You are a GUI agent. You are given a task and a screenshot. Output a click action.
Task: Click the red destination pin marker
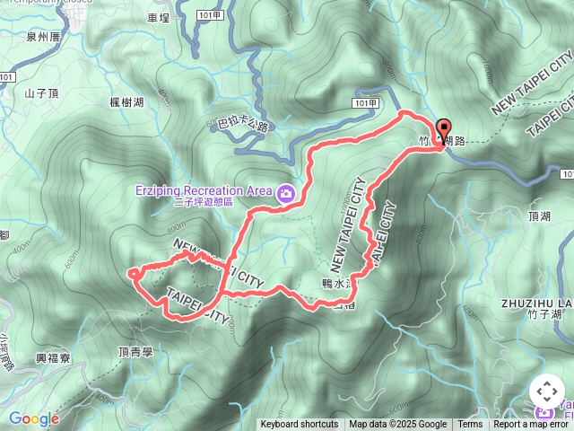(442, 129)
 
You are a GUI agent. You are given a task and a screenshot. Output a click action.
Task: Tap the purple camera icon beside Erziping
(285, 191)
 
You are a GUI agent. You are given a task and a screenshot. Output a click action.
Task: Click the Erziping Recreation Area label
(204, 190)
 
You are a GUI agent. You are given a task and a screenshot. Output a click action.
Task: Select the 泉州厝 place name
(43, 37)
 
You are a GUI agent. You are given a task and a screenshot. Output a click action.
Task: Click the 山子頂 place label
(41, 92)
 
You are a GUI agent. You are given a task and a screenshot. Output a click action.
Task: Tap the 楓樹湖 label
(126, 102)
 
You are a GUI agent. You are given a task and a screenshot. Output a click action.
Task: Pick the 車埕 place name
(158, 17)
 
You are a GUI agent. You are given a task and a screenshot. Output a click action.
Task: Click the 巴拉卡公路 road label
(243, 126)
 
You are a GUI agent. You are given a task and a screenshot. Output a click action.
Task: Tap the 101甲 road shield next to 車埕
(208, 15)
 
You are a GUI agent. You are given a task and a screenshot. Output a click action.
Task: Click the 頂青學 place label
(135, 352)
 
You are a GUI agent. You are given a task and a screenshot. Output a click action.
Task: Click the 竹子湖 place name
(544, 315)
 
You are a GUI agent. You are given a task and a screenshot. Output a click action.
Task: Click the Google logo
(33, 418)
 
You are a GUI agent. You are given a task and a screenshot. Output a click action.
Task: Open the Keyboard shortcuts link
(300, 425)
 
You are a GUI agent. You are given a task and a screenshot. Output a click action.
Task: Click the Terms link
(470, 425)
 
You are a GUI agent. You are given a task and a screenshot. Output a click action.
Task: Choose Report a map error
(532, 425)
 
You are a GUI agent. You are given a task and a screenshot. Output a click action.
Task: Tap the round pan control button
(546, 391)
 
